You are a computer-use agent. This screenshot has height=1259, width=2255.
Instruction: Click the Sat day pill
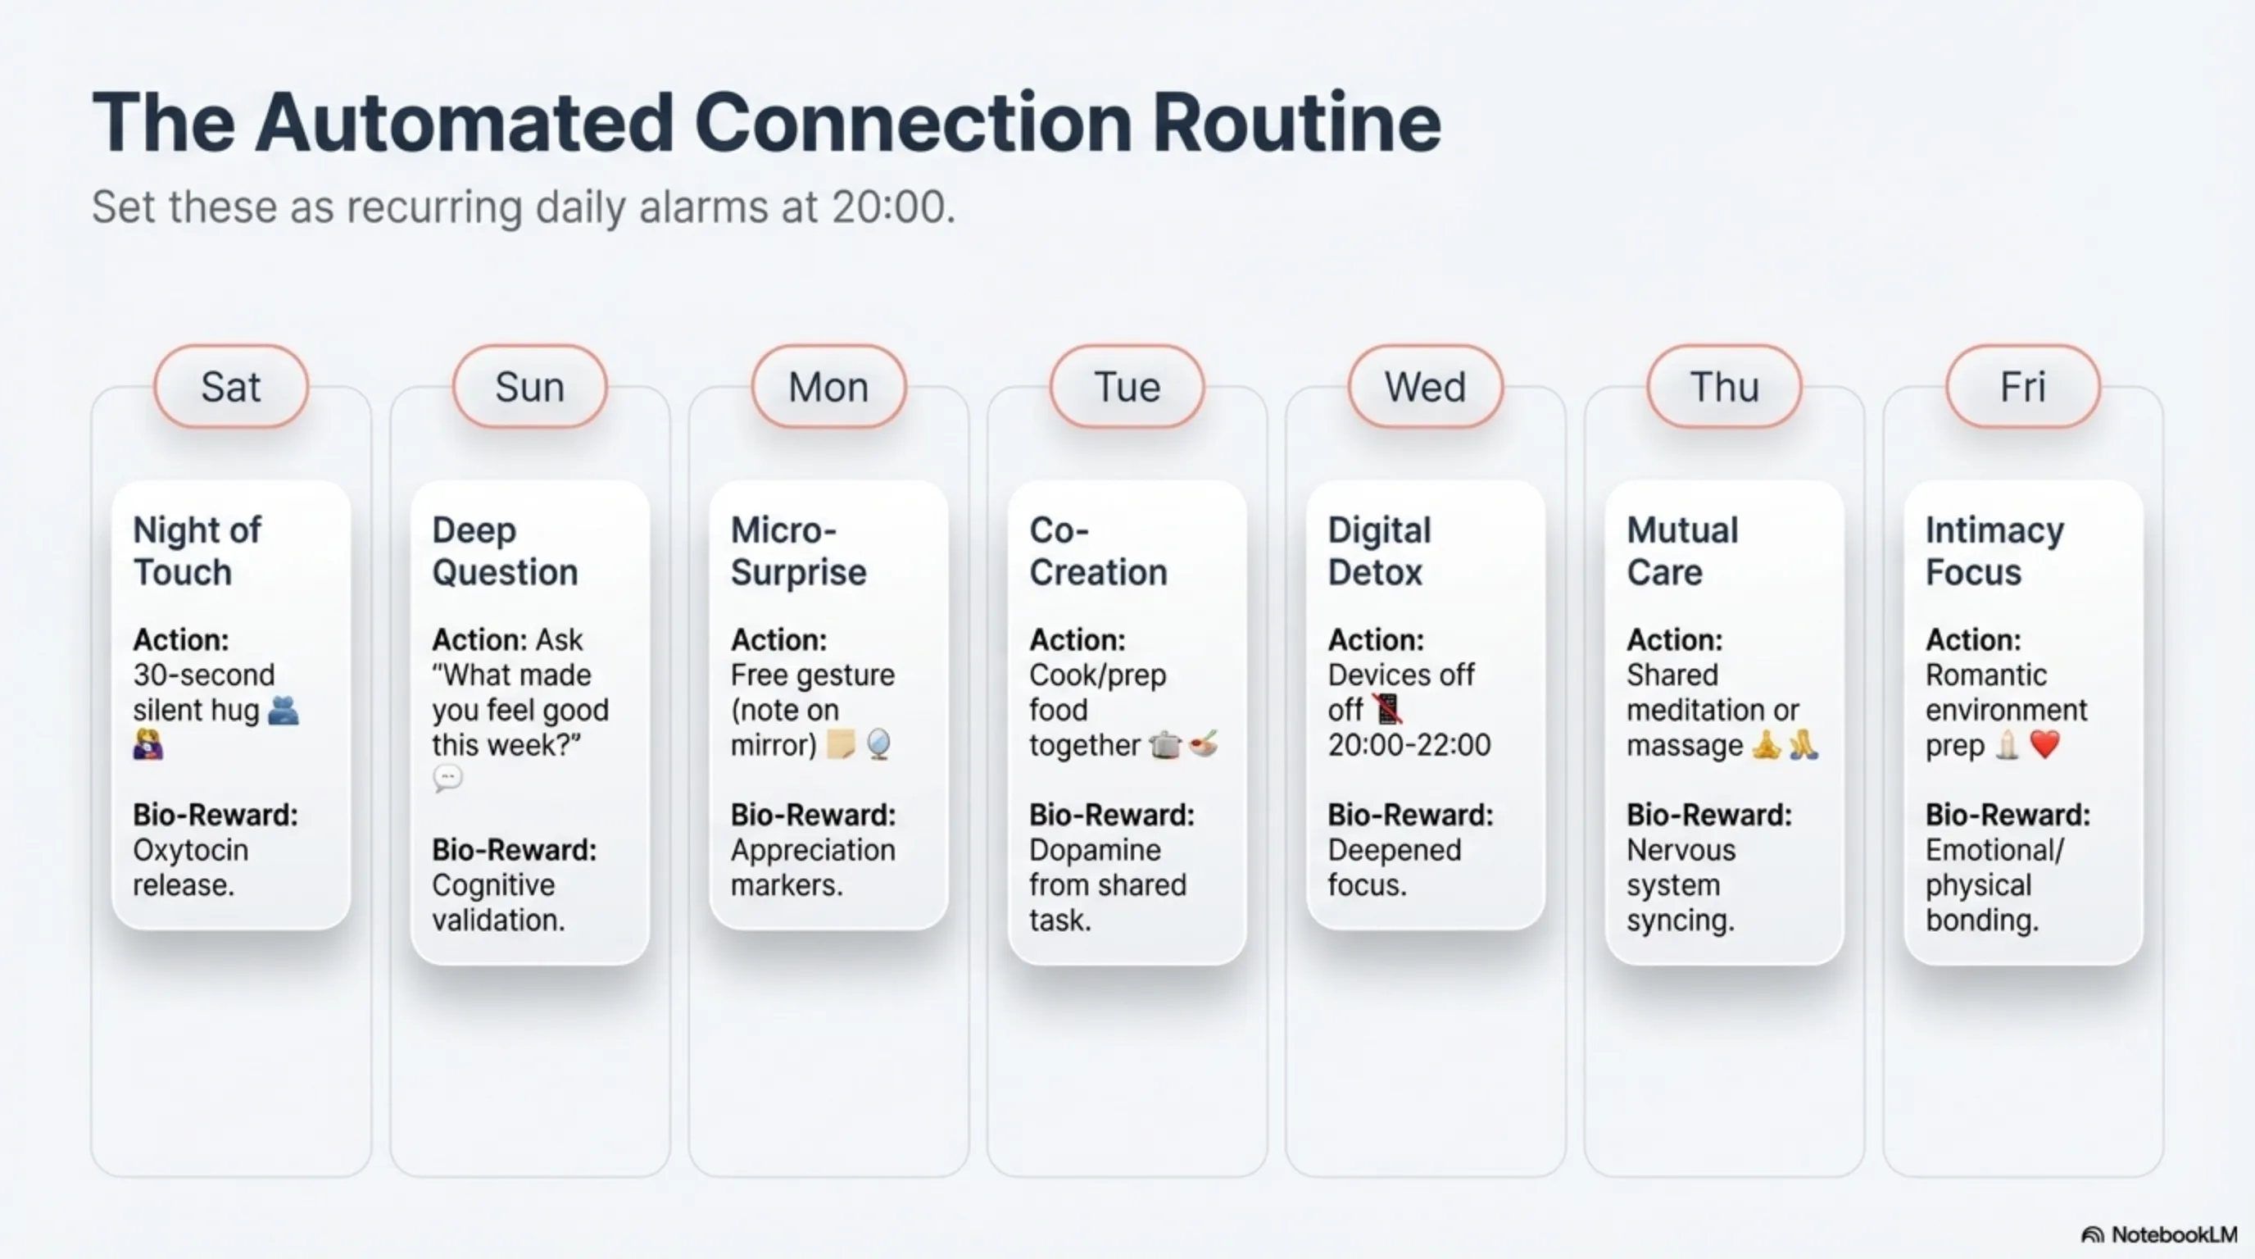pos(231,386)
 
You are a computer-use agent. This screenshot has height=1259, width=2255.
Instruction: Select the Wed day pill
pos(1425,386)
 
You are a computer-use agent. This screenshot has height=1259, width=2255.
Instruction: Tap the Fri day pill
pos(2023,386)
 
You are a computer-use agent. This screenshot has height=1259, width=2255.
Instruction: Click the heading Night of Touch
pos(197,551)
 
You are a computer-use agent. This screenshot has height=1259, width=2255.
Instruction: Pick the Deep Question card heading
pos(505,551)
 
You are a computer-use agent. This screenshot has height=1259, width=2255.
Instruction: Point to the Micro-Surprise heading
pos(798,551)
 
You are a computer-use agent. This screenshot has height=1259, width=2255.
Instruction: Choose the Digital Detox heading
pos(1380,551)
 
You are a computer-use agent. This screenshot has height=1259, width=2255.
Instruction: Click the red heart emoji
pos(2045,745)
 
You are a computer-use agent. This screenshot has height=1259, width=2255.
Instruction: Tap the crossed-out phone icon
pos(1387,709)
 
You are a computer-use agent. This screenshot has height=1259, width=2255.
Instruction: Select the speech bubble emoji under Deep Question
pos(447,779)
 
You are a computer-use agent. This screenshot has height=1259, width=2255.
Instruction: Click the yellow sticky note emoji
pos(841,744)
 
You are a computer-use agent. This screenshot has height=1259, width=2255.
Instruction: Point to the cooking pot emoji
pos(1164,745)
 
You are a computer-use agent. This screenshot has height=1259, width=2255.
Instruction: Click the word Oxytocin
pos(191,850)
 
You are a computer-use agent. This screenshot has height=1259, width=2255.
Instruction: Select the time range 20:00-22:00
pos(1409,745)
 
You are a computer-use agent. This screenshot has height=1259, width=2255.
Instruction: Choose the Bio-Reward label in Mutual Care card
pos(1708,815)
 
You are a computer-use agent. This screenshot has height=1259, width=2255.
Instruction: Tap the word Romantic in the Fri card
pos(1986,675)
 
